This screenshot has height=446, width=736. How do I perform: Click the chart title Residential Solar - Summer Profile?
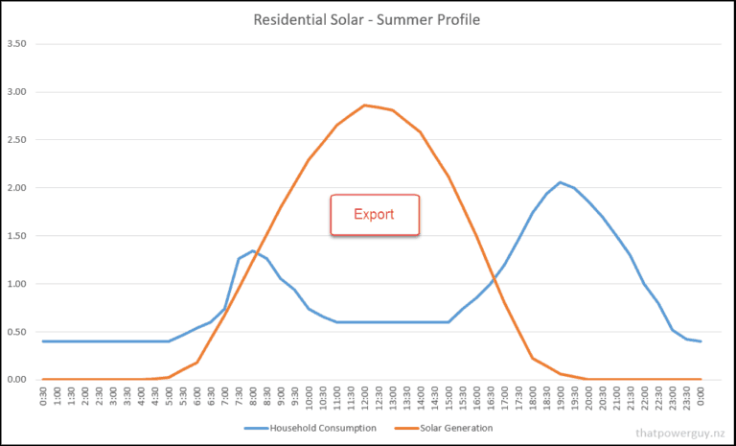pos(367,20)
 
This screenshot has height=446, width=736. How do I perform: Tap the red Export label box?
pos(375,214)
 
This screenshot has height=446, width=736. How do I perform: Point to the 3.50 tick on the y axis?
pos(15,44)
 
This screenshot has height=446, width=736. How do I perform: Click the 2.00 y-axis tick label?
pos(15,188)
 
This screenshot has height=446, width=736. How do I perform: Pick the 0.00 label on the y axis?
pos(15,380)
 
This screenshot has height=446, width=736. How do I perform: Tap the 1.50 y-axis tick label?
pos(15,236)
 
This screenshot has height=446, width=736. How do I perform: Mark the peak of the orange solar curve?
pos(365,106)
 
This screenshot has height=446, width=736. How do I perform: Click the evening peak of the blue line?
pos(561,182)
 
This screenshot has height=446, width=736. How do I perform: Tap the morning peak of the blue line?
pos(253,251)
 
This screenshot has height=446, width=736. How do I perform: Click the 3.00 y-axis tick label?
pos(15,92)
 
